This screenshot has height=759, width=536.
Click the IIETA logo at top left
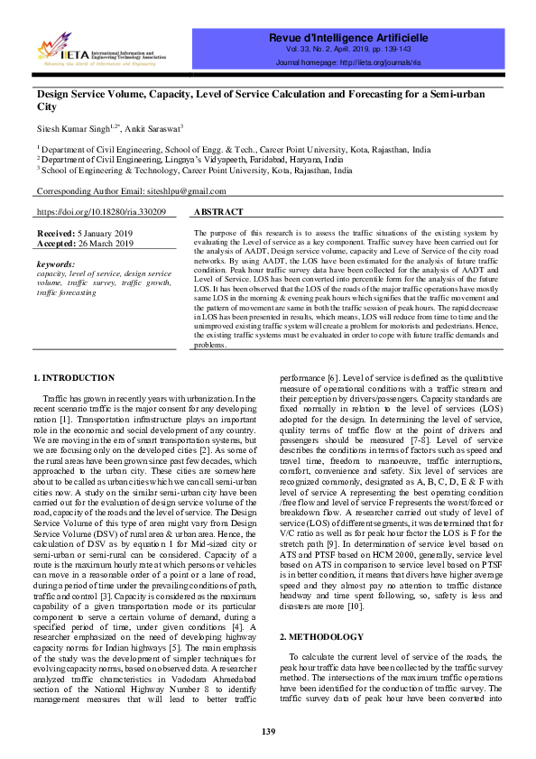pyautogui.click(x=99, y=51)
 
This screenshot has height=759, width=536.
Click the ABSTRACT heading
pyautogui.click(x=219, y=211)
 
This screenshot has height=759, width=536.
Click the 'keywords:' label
pyautogui.click(x=56, y=264)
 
